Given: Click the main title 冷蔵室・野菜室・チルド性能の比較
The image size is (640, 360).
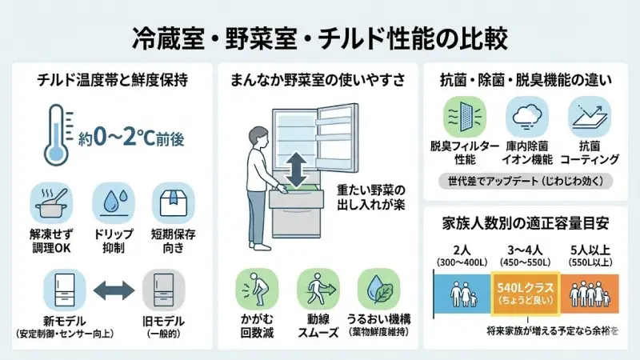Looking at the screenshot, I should (319, 37).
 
